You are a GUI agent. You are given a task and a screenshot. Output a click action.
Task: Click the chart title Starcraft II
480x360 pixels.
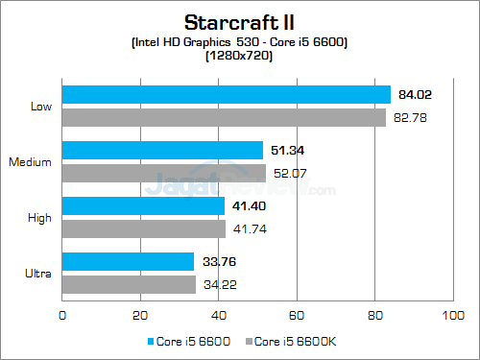point(239,20)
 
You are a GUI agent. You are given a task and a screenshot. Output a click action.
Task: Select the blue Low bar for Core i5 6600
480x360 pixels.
point(227,94)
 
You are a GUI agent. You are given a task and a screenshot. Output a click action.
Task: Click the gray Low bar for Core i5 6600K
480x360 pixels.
point(224,117)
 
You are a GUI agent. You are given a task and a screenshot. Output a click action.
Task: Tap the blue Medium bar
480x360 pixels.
point(162,150)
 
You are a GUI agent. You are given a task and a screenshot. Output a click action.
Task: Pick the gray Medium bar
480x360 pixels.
point(164,173)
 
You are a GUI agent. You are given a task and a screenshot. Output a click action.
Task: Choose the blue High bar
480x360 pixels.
point(143,205)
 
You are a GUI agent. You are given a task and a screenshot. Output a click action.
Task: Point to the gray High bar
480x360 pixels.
point(144,228)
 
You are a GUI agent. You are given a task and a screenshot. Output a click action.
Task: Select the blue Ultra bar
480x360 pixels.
point(129,261)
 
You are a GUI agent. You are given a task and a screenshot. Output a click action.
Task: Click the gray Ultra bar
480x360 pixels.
point(130,284)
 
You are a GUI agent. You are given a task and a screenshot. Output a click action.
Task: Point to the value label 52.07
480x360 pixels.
point(286,173)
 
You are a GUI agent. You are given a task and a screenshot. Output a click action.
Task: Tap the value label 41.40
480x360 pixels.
point(245,205)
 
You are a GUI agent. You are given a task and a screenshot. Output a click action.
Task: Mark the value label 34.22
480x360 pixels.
point(216,284)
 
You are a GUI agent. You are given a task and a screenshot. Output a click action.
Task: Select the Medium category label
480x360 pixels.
point(31,161)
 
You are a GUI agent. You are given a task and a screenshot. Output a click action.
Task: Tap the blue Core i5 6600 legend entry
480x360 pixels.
point(190,341)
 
